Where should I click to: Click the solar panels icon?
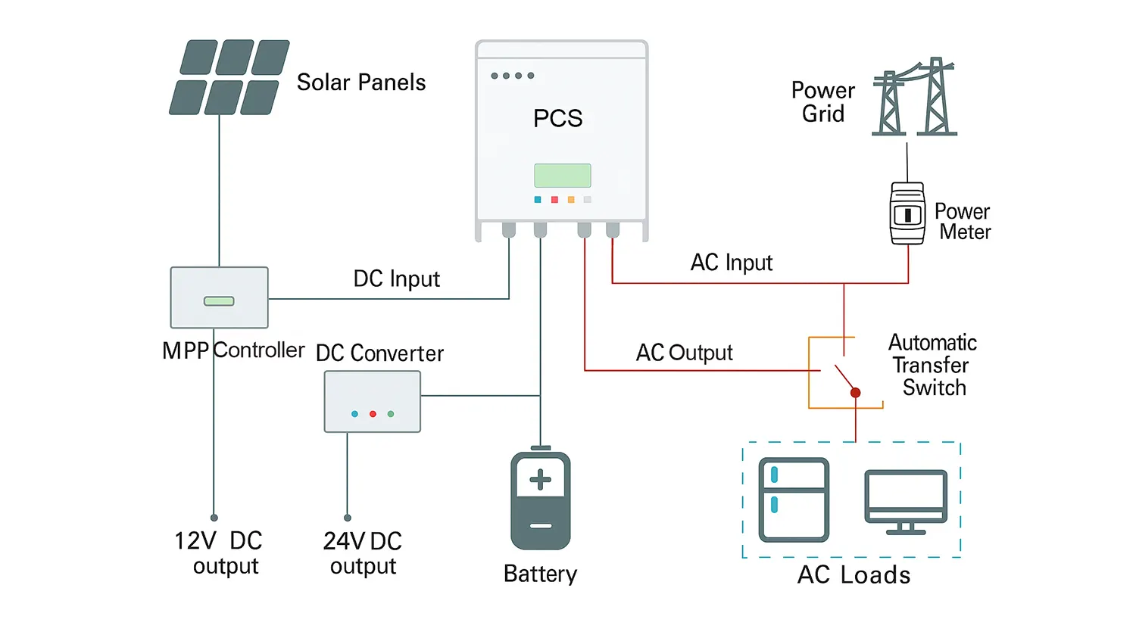[229, 77]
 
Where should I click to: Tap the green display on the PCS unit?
[562, 176]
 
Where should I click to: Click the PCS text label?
[557, 118]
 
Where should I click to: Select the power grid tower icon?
[914, 98]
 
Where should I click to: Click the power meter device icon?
[907, 213]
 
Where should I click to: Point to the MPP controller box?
[219, 297]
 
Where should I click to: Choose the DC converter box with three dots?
[373, 403]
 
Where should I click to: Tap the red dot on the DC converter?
[373, 414]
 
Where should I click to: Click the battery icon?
[540, 500]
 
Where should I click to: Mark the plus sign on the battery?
[540, 480]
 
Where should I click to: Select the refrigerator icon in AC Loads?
[794, 500]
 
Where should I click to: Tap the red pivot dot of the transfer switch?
[855, 393]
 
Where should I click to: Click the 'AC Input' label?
[731, 263]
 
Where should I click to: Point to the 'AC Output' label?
[684, 353]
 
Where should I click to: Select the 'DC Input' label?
[396, 279]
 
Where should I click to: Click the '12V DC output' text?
[219, 553]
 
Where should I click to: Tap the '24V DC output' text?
[363, 553]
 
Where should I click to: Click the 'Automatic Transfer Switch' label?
[933, 365]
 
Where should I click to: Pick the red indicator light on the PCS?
[554, 200]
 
